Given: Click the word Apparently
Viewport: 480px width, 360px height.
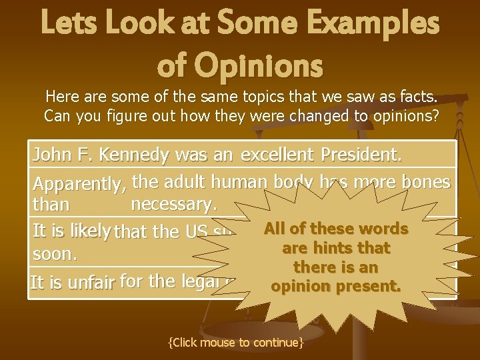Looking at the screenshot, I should click(x=80, y=183).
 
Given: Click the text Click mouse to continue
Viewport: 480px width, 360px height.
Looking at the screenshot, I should click(x=237, y=342).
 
